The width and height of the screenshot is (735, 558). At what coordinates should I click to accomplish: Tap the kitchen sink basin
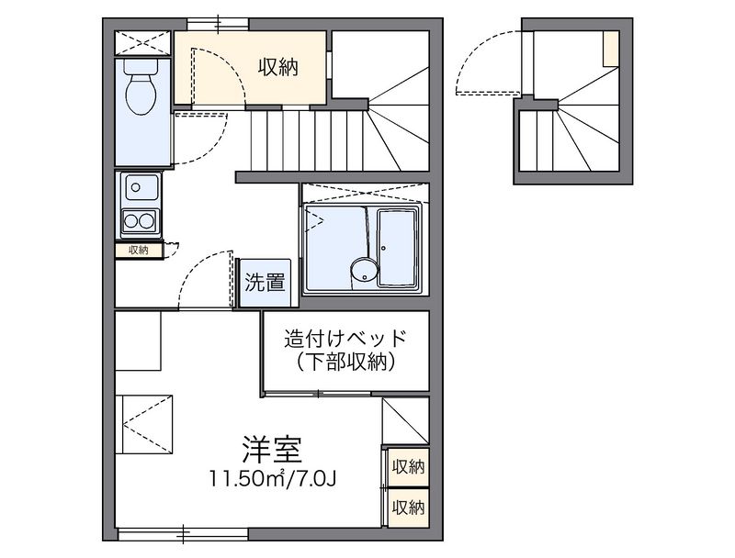(140, 190)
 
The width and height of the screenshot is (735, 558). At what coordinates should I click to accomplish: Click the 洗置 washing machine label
(265, 283)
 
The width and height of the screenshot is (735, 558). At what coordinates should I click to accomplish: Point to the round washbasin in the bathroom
(363, 270)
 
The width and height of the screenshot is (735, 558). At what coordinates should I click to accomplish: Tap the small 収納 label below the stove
(139, 250)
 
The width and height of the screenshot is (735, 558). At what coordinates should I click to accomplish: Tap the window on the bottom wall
(184, 531)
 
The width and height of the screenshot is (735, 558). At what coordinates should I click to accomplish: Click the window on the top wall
(219, 22)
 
